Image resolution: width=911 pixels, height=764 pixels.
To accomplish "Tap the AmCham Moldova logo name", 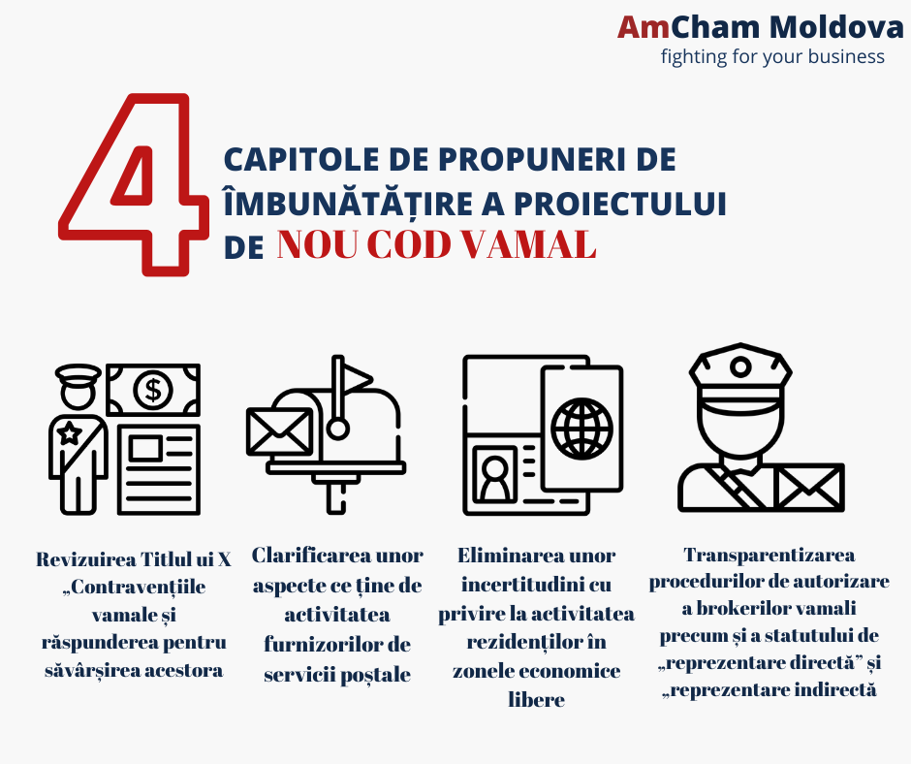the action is point(761,27).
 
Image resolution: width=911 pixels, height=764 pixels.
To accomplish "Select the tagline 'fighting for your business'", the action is point(772,57).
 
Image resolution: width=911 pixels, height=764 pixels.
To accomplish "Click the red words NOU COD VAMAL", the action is point(436,244).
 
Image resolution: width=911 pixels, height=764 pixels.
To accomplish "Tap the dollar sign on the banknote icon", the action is point(153,389).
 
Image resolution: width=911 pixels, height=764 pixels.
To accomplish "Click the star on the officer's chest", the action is point(70,433).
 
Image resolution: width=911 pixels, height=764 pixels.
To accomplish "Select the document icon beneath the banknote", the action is point(159,470).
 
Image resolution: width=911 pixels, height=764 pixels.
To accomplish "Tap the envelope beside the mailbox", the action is point(279,431).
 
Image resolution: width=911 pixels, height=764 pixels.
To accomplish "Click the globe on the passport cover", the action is point(581,429).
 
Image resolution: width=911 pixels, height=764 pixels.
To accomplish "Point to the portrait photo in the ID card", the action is point(495,473).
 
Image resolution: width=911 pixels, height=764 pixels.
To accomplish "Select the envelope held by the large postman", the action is point(808,488).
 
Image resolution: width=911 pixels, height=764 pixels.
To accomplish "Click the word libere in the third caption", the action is point(536,699).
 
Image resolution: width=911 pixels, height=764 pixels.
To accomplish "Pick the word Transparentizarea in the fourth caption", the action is point(770,555).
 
